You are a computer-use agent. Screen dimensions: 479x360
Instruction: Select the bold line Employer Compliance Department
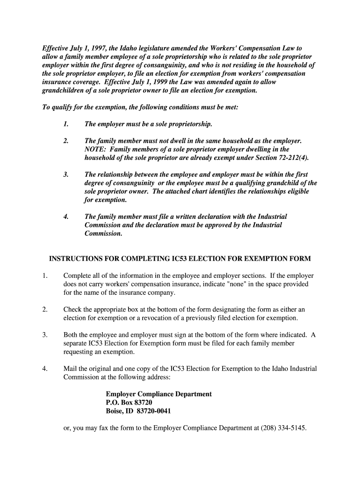pos(158,394)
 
